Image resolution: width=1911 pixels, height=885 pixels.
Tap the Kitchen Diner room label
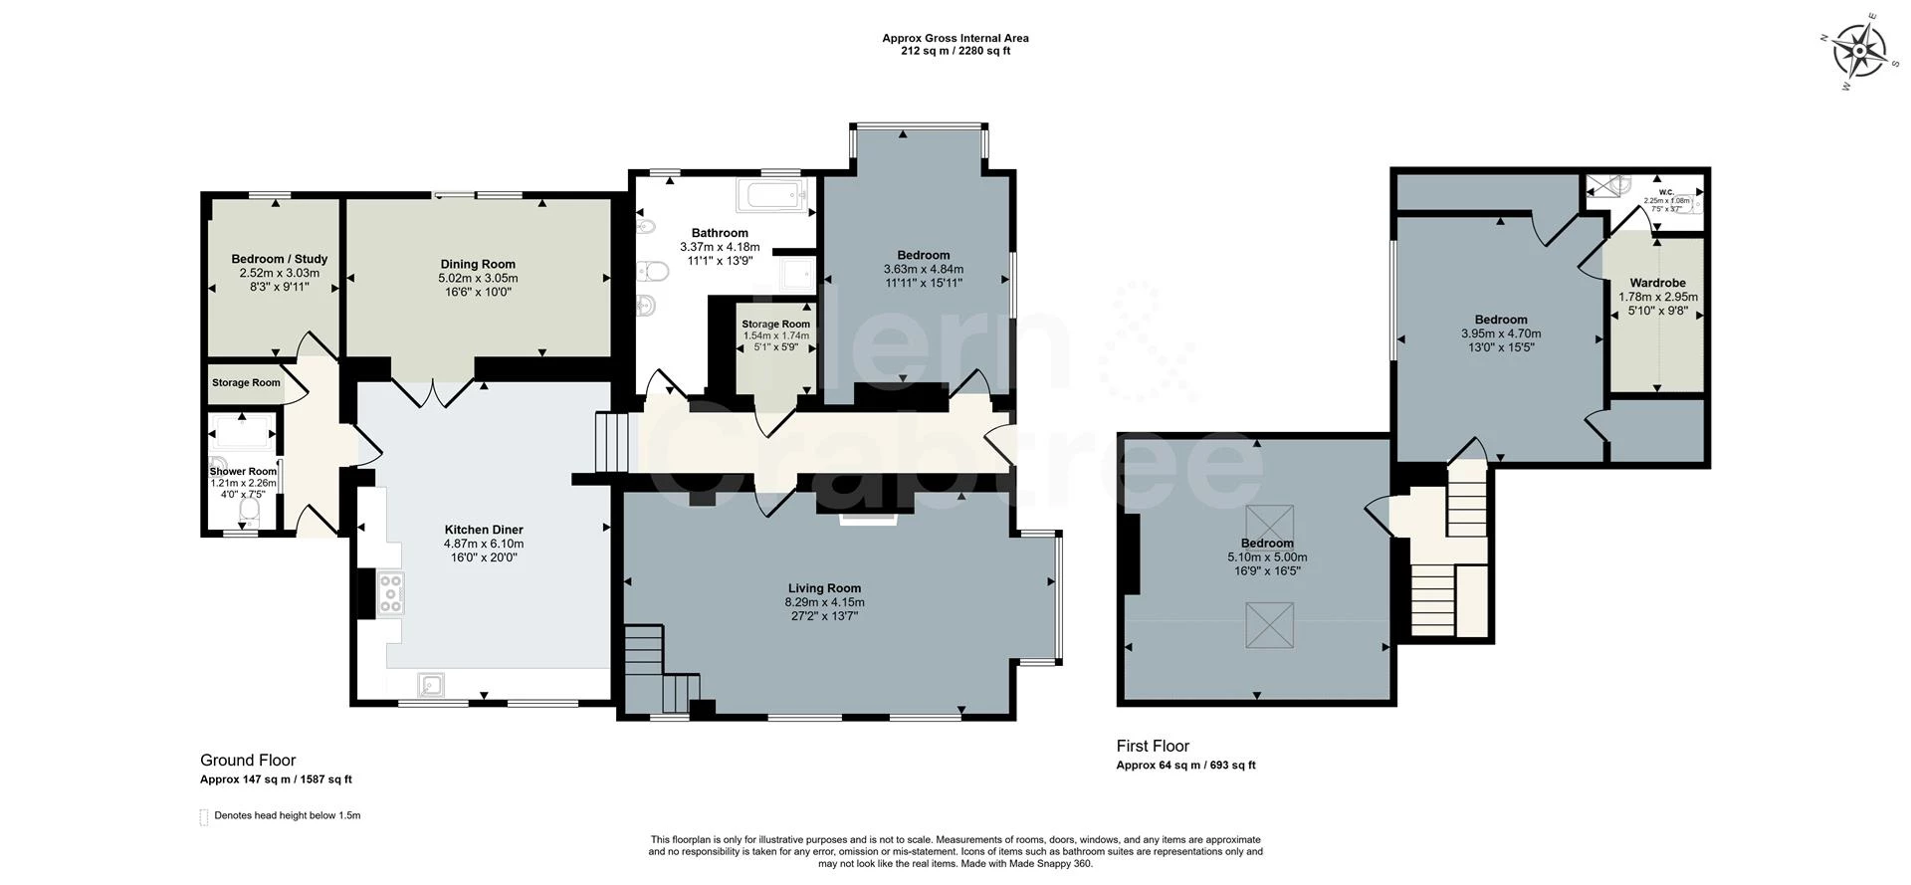pos(483,530)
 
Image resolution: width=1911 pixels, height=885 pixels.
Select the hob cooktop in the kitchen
pos(391,593)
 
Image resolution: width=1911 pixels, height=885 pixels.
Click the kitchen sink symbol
pos(432,684)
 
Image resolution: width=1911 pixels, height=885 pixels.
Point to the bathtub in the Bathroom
pos(771,196)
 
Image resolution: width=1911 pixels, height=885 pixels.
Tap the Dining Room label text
pos(478,264)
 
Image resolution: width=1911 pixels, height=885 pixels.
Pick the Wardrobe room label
pos(1657,283)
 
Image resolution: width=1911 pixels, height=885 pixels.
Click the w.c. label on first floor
pos(1666,191)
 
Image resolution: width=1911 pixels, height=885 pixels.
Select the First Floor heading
pos(1153,746)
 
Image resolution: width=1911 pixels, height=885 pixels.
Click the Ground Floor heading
pos(248,760)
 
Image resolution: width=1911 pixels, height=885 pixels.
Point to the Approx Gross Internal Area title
pos(955,39)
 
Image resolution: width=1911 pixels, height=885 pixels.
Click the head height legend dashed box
pos(204,816)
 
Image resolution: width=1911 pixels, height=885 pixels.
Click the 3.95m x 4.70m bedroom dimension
pos(1500,333)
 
